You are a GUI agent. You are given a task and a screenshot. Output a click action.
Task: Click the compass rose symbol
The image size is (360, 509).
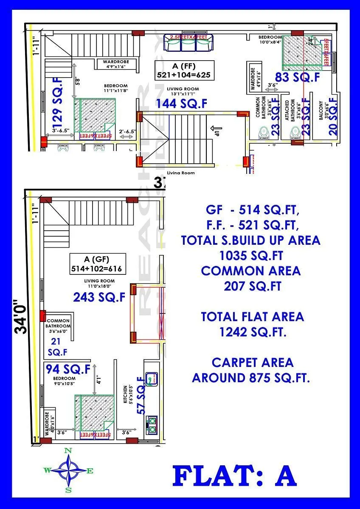point(68,470)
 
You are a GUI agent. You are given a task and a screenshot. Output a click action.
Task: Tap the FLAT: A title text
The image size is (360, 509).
point(234,476)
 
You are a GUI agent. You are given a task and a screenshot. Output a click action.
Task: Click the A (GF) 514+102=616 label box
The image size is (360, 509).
point(98,264)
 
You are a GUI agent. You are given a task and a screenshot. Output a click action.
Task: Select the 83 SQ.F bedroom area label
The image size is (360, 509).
point(297,78)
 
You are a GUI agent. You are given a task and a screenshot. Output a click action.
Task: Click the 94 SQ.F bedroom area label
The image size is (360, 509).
point(68,369)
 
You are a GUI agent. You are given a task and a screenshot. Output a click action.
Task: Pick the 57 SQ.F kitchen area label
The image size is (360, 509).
point(141,395)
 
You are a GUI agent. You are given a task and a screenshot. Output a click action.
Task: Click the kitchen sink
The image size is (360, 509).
point(151,377)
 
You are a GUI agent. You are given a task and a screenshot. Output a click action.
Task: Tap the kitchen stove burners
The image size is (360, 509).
point(151,424)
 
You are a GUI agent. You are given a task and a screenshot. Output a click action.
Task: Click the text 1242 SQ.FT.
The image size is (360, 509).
point(253,332)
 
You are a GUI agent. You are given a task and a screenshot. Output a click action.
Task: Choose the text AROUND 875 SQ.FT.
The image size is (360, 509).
point(251,377)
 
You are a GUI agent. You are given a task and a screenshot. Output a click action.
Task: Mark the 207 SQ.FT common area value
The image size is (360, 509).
point(252,286)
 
